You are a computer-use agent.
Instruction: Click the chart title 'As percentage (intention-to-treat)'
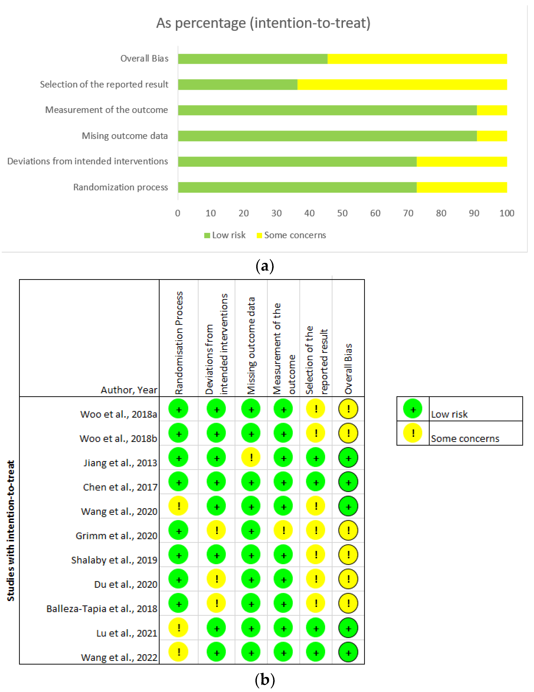pos(263,23)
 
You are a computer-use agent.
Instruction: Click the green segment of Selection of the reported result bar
pos(237,85)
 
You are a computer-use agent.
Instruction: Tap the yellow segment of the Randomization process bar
pos(462,187)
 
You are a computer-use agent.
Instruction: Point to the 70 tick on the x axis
pos(408,213)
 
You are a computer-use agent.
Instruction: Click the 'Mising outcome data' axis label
pos(125,136)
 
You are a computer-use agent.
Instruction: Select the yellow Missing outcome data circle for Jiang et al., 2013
pos(251,458)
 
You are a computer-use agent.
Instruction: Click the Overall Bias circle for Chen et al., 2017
pos(348,482)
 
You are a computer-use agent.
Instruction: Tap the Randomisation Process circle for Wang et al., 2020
pos(179,506)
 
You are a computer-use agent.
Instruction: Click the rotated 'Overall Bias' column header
pos(348,369)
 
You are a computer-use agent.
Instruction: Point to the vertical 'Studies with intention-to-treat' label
pos(11,530)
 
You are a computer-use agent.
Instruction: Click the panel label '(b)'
pos(265,680)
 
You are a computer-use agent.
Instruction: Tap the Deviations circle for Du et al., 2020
pos(217,579)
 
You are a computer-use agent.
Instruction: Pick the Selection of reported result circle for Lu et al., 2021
pos(316,628)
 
